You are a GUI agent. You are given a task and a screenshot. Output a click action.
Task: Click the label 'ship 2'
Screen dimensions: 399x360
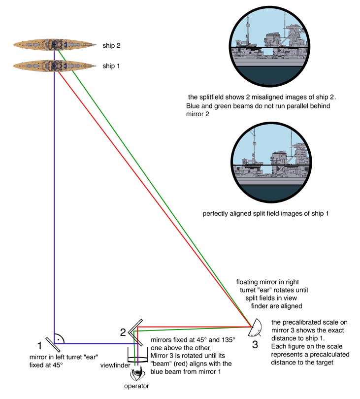point(111,45)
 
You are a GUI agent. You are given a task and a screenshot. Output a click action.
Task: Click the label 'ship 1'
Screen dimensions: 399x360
point(111,66)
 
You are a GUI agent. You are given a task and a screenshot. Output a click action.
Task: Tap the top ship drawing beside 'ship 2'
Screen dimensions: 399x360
point(54,45)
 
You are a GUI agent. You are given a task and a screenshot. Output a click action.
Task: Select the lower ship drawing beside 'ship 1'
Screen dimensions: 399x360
point(54,65)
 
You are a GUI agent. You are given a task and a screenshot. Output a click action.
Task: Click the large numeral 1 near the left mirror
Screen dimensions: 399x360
point(40,346)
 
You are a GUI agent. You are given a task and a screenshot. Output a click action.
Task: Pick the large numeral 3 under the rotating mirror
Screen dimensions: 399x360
point(255,344)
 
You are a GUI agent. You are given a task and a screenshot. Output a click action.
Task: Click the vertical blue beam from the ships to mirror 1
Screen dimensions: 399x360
point(54,197)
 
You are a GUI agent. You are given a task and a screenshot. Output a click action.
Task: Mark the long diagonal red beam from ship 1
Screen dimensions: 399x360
point(148,197)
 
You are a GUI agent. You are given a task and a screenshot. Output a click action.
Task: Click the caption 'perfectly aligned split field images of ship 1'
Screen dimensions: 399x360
point(265,214)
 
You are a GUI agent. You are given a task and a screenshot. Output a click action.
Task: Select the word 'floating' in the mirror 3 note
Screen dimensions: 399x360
point(248,283)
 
